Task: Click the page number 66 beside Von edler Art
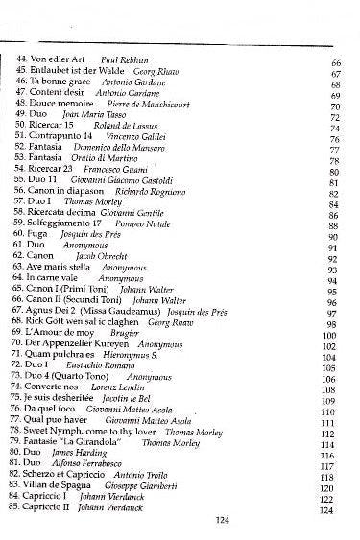point(337,62)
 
